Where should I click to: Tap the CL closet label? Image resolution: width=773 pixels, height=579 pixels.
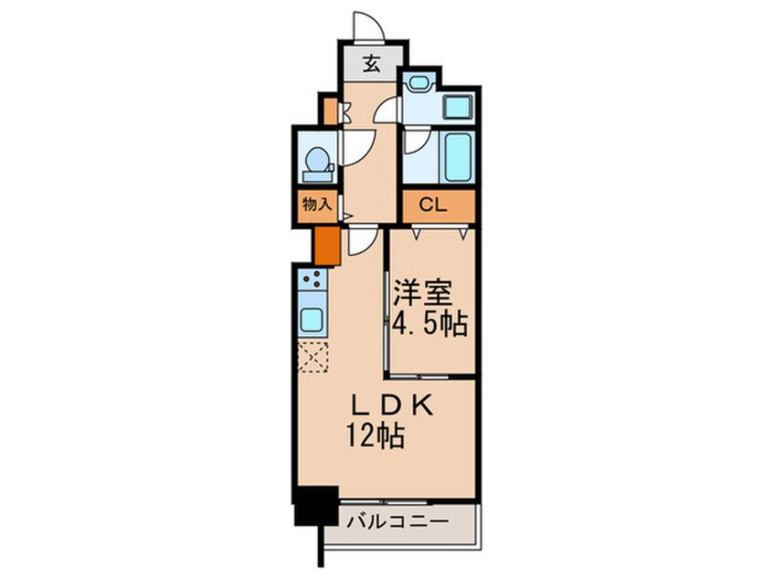pyautogui.click(x=433, y=205)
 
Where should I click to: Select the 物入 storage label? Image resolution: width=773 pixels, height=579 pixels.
pyautogui.click(x=316, y=205)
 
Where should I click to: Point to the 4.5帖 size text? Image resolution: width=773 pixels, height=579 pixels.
pyautogui.click(x=430, y=323)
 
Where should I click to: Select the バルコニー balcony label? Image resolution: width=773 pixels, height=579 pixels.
pyautogui.click(x=397, y=522)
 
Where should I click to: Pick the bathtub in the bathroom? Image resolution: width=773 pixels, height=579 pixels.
pyautogui.click(x=456, y=157)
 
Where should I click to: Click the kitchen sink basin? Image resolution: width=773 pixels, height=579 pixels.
pyautogui.click(x=312, y=320)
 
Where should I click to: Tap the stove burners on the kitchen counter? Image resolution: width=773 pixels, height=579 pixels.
pyautogui.click(x=312, y=279)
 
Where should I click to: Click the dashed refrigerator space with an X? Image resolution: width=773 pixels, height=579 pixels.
pyautogui.click(x=312, y=357)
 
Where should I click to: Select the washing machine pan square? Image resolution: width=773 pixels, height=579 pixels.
pyautogui.click(x=456, y=107)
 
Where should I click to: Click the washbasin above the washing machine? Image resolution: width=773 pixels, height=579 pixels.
pyautogui.click(x=419, y=83)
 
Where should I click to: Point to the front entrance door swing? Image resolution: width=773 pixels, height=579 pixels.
pyautogui.click(x=366, y=26)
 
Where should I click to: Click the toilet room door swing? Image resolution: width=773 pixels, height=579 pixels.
pyautogui.click(x=355, y=146)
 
